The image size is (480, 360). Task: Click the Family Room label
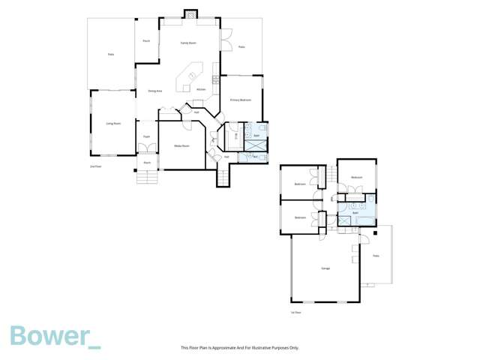(x=188, y=43)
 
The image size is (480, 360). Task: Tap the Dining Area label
(x=155, y=91)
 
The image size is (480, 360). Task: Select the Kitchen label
(x=201, y=89)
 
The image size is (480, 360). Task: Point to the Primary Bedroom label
(x=240, y=100)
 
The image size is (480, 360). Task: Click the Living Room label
(x=113, y=123)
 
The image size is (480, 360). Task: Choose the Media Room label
(x=181, y=145)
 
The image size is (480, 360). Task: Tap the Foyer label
(x=147, y=136)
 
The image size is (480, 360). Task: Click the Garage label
(x=326, y=268)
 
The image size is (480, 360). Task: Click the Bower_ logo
(x=54, y=337)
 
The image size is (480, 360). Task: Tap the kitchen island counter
(x=189, y=77)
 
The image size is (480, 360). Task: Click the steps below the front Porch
(x=147, y=177)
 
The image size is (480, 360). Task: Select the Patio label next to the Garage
(x=376, y=256)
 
